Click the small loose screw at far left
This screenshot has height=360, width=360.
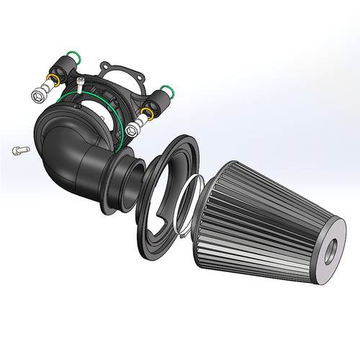tap(19, 150)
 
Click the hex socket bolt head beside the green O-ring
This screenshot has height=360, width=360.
tap(132, 130)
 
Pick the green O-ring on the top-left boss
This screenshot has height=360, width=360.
tap(72, 55)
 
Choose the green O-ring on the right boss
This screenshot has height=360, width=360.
tap(168, 91)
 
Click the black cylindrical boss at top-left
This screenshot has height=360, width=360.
tap(63, 69)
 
